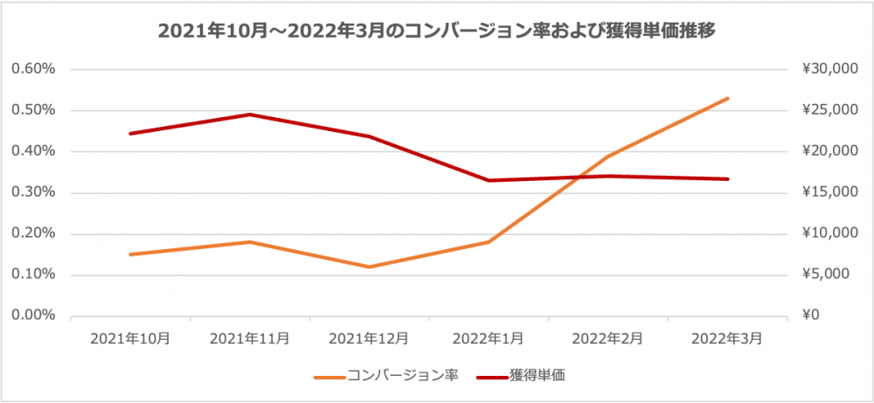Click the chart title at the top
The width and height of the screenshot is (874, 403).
point(437,31)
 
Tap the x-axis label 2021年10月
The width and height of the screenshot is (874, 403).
point(130,337)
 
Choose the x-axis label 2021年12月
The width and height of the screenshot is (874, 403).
point(370,337)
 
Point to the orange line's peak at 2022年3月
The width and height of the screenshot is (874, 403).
point(728,98)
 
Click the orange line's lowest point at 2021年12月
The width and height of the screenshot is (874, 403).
point(370,267)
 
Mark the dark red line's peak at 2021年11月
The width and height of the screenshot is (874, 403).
point(250,115)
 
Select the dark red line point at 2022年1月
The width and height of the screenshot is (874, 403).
point(489,180)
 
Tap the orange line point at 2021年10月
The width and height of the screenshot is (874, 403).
point(130,254)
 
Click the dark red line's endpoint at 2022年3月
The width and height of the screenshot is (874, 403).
point(728,179)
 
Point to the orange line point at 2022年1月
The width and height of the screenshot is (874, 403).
point(489,241)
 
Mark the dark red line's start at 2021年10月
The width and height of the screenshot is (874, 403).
point(130,134)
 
